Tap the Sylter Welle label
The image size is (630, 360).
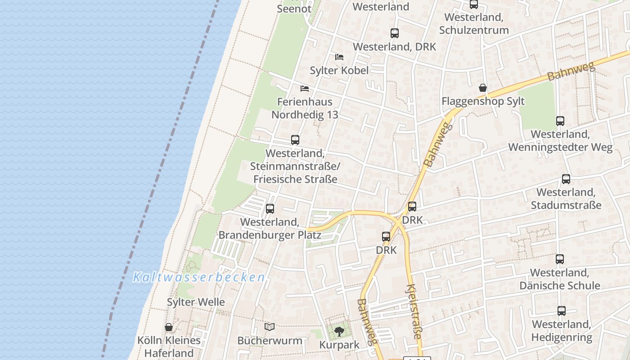pyautogui.click(x=196, y=302)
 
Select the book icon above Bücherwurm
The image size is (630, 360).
pyautogui.click(x=270, y=327)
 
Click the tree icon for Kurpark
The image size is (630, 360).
pyautogui.click(x=339, y=332)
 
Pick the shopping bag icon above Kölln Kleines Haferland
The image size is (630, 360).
pyautogui.click(x=169, y=327)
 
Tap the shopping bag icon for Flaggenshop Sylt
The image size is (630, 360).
pyautogui.click(x=483, y=88)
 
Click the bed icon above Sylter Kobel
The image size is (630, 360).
pyautogui.click(x=339, y=57)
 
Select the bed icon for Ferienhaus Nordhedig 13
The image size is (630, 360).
pyautogui.click(x=305, y=88)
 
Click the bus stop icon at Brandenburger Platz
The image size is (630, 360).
pyautogui.click(x=270, y=209)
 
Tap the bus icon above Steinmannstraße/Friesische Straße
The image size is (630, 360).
pyautogui.click(x=295, y=140)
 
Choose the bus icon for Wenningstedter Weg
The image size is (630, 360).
pyautogui.click(x=560, y=121)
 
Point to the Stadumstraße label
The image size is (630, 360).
pyautogui.click(x=566, y=205)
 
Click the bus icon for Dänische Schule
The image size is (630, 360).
pyautogui.click(x=560, y=259)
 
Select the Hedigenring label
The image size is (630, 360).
pyautogui.click(x=561, y=337)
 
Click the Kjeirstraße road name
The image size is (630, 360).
pyautogui.click(x=414, y=311)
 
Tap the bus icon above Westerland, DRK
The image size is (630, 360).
pyautogui.click(x=395, y=33)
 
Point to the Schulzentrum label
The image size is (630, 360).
pyautogui.click(x=474, y=30)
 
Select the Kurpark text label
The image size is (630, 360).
pyautogui.click(x=339, y=345)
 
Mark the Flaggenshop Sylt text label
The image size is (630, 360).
pyautogui.click(x=483, y=101)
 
